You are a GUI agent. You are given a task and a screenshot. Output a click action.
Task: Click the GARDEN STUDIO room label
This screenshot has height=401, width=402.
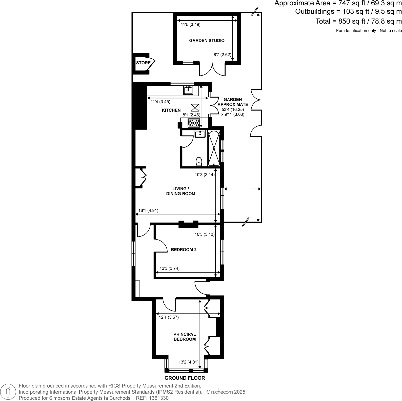click(207, 41)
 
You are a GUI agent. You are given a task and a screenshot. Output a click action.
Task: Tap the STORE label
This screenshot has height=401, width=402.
click(143, 63)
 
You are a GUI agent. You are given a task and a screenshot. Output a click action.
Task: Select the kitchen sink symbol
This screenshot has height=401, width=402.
click(188, 90)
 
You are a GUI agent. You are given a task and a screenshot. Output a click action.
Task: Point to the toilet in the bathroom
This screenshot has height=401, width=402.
click(199, 161)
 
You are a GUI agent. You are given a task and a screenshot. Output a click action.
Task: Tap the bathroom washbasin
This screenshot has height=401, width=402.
click(200, 134)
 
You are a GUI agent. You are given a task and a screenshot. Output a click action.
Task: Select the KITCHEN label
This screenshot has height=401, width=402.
click(171, 110)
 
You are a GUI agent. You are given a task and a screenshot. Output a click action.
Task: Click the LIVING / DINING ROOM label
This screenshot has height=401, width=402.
click(180, 191)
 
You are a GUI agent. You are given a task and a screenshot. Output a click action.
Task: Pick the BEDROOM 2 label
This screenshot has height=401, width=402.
click(184, 250)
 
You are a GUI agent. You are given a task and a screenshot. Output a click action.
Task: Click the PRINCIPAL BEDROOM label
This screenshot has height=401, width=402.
click(185, 337)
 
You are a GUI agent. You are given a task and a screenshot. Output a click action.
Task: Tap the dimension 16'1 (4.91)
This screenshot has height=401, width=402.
click(148, 210)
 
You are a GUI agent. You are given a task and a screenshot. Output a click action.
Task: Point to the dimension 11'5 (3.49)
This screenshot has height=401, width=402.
click(191, 25)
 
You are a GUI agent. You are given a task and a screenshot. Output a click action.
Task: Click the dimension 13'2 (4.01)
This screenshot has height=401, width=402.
click(188, 362)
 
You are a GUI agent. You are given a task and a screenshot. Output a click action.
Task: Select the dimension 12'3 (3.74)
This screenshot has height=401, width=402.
click(169, 268)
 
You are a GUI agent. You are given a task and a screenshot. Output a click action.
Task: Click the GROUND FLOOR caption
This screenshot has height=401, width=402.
click(185, 378)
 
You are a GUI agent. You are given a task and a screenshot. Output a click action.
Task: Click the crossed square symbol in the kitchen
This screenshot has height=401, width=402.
click(195, 108)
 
